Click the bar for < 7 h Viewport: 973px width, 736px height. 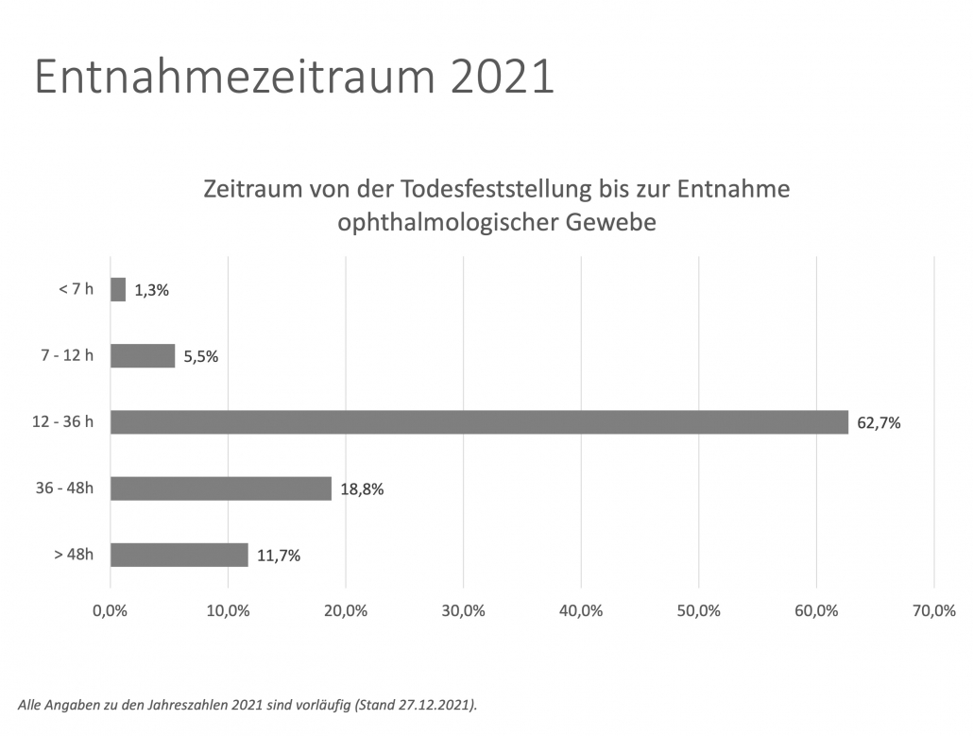point(118,289)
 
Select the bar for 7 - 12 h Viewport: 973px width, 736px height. point(143,355)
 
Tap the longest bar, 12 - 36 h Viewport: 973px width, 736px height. point(479,422)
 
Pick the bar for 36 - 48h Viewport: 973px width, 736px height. point(221,488)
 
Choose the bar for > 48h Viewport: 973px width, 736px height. point(179,555)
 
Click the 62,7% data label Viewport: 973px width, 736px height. point(879,423)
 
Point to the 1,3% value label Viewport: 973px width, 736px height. point(151,290)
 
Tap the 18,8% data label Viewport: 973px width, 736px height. point(362,489)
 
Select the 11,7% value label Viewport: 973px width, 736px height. point(279,556)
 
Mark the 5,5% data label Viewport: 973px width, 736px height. point(200,356)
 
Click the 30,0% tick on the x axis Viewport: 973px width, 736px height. point(463,610)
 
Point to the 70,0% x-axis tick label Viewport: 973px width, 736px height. point(933,610)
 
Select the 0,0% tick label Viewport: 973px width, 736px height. point(111,610)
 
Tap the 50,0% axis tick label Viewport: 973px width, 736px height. point(698,610)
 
